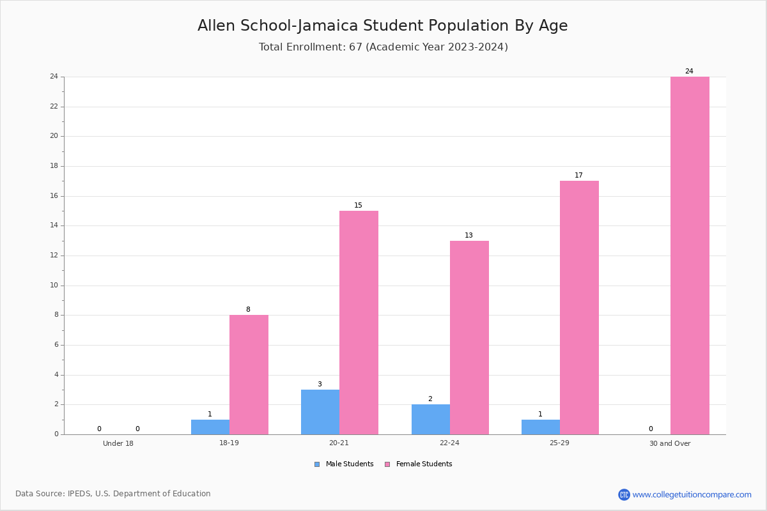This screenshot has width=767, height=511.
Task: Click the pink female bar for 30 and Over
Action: tap(690, 256)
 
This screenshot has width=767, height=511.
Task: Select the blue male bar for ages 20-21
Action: tap(320, 412)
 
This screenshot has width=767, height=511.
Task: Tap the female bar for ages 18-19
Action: tap(249, 375)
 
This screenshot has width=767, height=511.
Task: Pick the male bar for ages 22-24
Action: tap(431, 420)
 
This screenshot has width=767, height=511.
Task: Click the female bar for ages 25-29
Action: tap(579, 308)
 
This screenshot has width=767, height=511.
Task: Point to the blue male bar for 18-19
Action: tap(210, 427)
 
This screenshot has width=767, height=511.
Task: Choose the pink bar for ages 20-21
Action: tap(359, 323)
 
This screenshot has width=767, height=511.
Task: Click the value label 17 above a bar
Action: tap(578, 175)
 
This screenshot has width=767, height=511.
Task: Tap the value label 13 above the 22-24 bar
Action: tap(469, 235)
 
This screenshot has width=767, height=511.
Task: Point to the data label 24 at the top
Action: tap(689, 71)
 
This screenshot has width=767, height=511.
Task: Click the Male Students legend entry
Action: tap(344, 464)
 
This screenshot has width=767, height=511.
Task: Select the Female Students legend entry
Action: tap(419, 464)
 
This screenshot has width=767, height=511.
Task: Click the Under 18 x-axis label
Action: tap(118, 443)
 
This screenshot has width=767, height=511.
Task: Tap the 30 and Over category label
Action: tap(670, 443)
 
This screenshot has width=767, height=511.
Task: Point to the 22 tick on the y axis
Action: tap(54, 107)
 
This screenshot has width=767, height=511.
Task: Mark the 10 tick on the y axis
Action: tap(54, 285)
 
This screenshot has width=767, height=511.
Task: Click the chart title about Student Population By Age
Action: tap(382, 26)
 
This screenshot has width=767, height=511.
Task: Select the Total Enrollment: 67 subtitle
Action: tap(383, 47)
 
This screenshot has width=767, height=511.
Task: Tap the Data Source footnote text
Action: tap(113, 494)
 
